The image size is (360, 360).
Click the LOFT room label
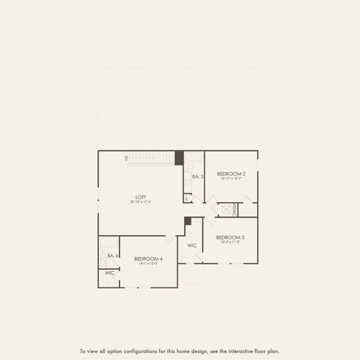coord(141,197)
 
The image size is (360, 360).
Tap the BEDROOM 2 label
coord(230,173)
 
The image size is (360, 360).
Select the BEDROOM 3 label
coord(230,237)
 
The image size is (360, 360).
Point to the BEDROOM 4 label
coord(148,259)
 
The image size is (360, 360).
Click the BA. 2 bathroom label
coord(198,176)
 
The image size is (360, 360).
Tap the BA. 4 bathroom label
coord(111,256)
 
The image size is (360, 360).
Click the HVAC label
coord(235,210)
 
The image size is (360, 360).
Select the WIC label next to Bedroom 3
coord(192,245)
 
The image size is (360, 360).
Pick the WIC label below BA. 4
coord(110,273)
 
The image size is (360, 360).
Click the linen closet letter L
coord(187,198)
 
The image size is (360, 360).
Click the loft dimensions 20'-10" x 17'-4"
coord(141,202)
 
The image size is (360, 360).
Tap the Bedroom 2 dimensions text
coord(230,178)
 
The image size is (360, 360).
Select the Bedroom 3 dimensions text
coord(230,242)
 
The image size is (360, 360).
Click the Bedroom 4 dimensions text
coord(148,264)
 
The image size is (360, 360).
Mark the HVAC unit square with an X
coord(226,209)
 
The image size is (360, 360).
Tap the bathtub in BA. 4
coord(109,243)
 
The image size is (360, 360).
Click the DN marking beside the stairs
coord(127,158)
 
